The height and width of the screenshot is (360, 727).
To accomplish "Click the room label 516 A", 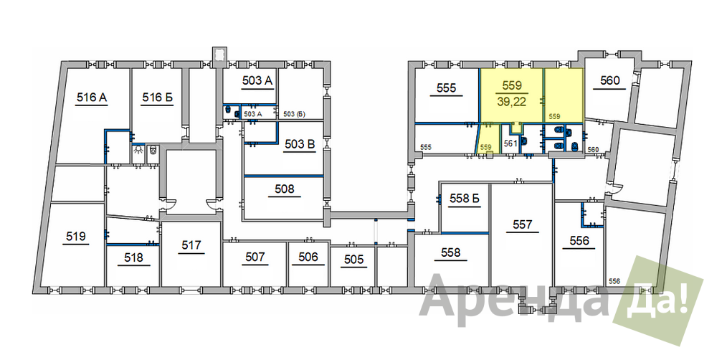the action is pos(92,98).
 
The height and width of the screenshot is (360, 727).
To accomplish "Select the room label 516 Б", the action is pos(157,98).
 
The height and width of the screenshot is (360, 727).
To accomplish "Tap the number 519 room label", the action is pos(76,237).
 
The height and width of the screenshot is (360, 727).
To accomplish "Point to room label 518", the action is pos(133,257).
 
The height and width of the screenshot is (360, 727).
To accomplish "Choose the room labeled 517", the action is pos(191,245).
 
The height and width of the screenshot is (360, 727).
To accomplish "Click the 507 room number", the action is pos(255,257).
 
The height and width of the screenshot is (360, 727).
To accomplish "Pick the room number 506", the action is pos(308,257).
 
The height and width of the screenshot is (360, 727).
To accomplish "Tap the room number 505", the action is pos(354,260).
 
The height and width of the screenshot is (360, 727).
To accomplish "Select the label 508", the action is pos(284,189).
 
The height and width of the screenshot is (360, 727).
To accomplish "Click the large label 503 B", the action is pos(300,144).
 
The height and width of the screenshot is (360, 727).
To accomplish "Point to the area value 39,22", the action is pos(511,102).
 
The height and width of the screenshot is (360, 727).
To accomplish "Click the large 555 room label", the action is pos(447,87).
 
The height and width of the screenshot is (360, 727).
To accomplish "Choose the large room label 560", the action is pos(609,81).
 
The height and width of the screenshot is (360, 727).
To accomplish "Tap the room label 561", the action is pos(510,144).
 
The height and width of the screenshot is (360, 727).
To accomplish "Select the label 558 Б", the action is pos(464,199).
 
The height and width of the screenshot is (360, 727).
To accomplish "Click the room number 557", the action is pos(522,225).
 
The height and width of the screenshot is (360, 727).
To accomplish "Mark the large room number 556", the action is pos(579,241).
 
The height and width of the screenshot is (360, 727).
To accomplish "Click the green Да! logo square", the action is pos(658,300).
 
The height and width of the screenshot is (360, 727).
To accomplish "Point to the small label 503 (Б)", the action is pos(294,114).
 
